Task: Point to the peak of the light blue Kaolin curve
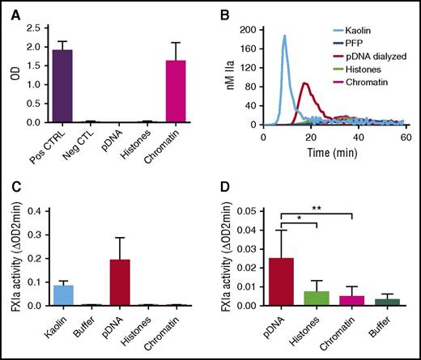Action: (284, 36)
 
